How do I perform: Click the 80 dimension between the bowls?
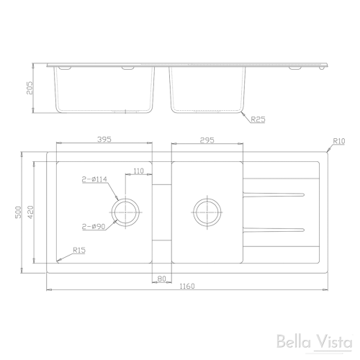tap(161, 278)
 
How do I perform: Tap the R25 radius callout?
tap(258, 120)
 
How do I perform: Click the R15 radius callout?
tap(79, 251)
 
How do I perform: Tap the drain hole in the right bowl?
tap(207, 210)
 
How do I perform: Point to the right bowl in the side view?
tap(207, 90)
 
